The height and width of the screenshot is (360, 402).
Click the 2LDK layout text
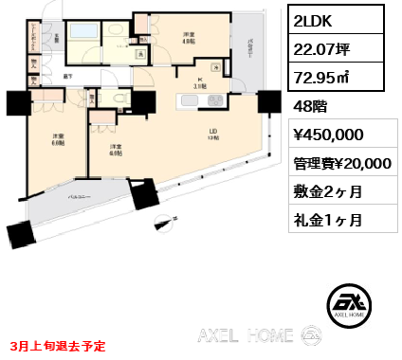(x=312, y=19)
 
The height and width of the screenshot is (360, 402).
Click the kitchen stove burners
(x=217, y=66)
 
